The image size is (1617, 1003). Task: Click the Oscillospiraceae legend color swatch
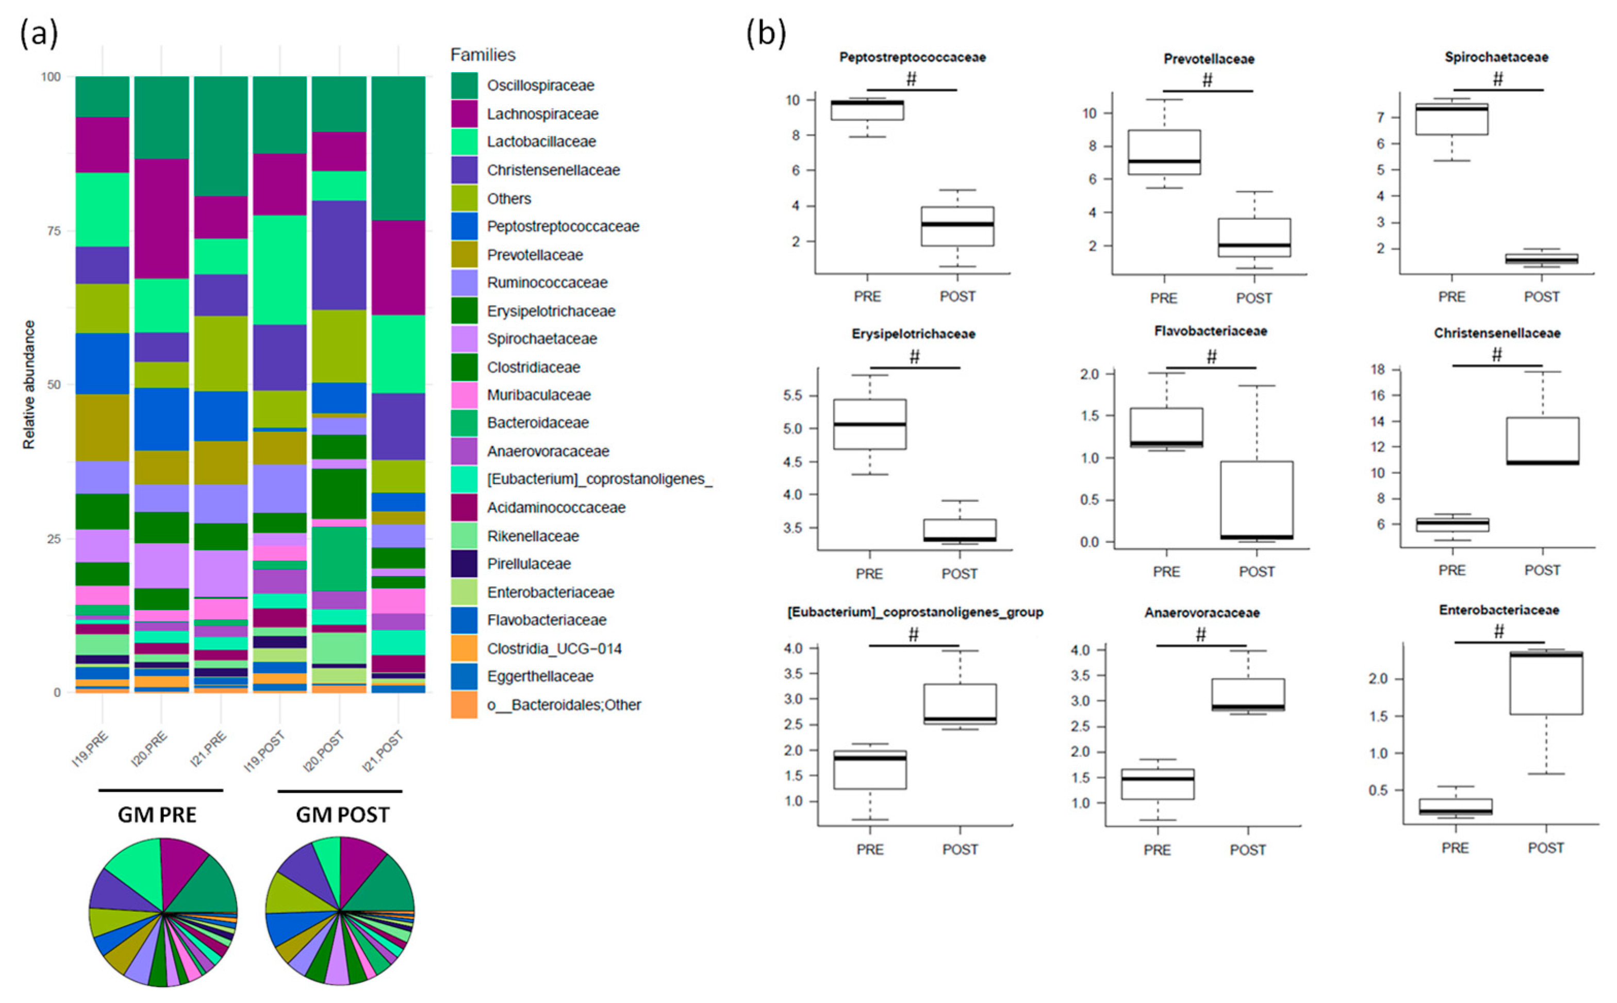pyautogui.click(x=464, y=86)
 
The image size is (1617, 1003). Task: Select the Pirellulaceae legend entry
pyautogui.click(x=529, y=564)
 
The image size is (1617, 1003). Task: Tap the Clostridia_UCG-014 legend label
pyautogui.click(x=554, y=649)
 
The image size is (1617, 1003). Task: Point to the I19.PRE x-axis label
pyautogui.click(x=91, y=750)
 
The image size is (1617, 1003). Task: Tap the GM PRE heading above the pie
pyautogui.click(x=157, y=815)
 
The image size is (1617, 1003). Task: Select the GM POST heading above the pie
pyautogui.click(x=342, y=815)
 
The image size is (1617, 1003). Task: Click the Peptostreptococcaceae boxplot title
pyautogui.click(x=913, y=58)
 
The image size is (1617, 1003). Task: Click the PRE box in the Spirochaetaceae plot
pyautogui.click(x=1452, y=120)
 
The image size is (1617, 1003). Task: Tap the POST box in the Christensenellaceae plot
pyautogui.click(x=1543, y=440)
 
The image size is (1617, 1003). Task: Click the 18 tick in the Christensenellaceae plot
pyautogui.click(x=1385, y=370)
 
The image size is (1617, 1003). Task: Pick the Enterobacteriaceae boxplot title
pyautogui.click(x=1499, y=610)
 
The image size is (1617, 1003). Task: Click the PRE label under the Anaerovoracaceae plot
pyautogui.click(x=1158, y=850)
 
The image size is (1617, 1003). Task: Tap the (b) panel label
pyautogui.click(x=767, y=33)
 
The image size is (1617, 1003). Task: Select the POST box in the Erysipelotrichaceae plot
pyautogui.click(x=960, y=530)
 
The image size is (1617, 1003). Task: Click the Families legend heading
pyautogui.click(x=483, y=55)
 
